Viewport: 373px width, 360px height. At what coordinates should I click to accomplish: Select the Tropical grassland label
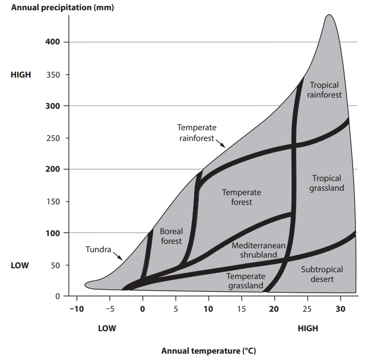point(327,183)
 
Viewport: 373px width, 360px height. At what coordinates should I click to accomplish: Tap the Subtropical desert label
point(321,274)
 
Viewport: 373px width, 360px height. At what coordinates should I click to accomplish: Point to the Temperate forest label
point(241,197)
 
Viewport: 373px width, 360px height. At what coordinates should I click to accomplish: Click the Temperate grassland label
point(246,281)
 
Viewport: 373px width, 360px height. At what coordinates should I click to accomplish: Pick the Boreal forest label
point(171,236)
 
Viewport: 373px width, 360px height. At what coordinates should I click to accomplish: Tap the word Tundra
point(98,250)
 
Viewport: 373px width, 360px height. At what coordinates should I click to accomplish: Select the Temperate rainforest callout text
point(196,133)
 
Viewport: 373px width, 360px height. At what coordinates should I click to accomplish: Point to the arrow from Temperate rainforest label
point(220,143)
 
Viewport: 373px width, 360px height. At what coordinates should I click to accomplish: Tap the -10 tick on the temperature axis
point(76,309)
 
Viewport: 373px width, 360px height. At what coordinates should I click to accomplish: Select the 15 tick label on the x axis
point(241,309)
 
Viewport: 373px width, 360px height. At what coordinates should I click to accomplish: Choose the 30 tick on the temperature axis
point(340,309)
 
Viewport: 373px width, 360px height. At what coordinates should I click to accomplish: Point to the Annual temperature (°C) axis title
point(209,351)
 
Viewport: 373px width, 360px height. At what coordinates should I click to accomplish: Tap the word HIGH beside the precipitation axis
point(20,75)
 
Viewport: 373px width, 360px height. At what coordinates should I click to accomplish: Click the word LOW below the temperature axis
point(107,328)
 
